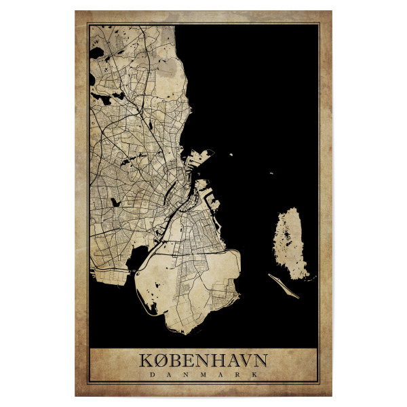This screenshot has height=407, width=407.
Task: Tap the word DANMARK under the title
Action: point(203,373)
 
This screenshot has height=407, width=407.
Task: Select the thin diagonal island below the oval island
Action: point(284,286)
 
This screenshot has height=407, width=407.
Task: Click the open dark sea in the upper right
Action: point(258,81)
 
